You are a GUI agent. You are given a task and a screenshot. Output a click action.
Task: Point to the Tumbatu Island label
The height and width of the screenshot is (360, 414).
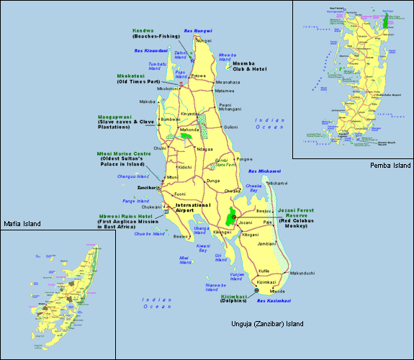[157, 66]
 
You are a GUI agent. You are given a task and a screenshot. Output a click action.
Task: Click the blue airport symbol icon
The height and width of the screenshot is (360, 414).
[167, 211]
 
